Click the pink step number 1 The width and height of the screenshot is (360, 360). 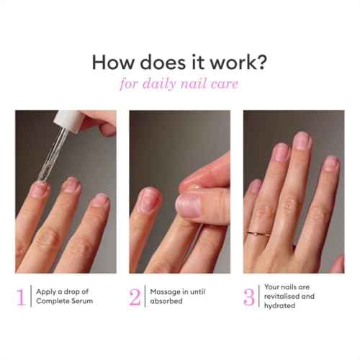(21, 297)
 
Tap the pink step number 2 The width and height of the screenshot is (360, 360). (135, 297)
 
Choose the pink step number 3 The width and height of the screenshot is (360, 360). (249, 297)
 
